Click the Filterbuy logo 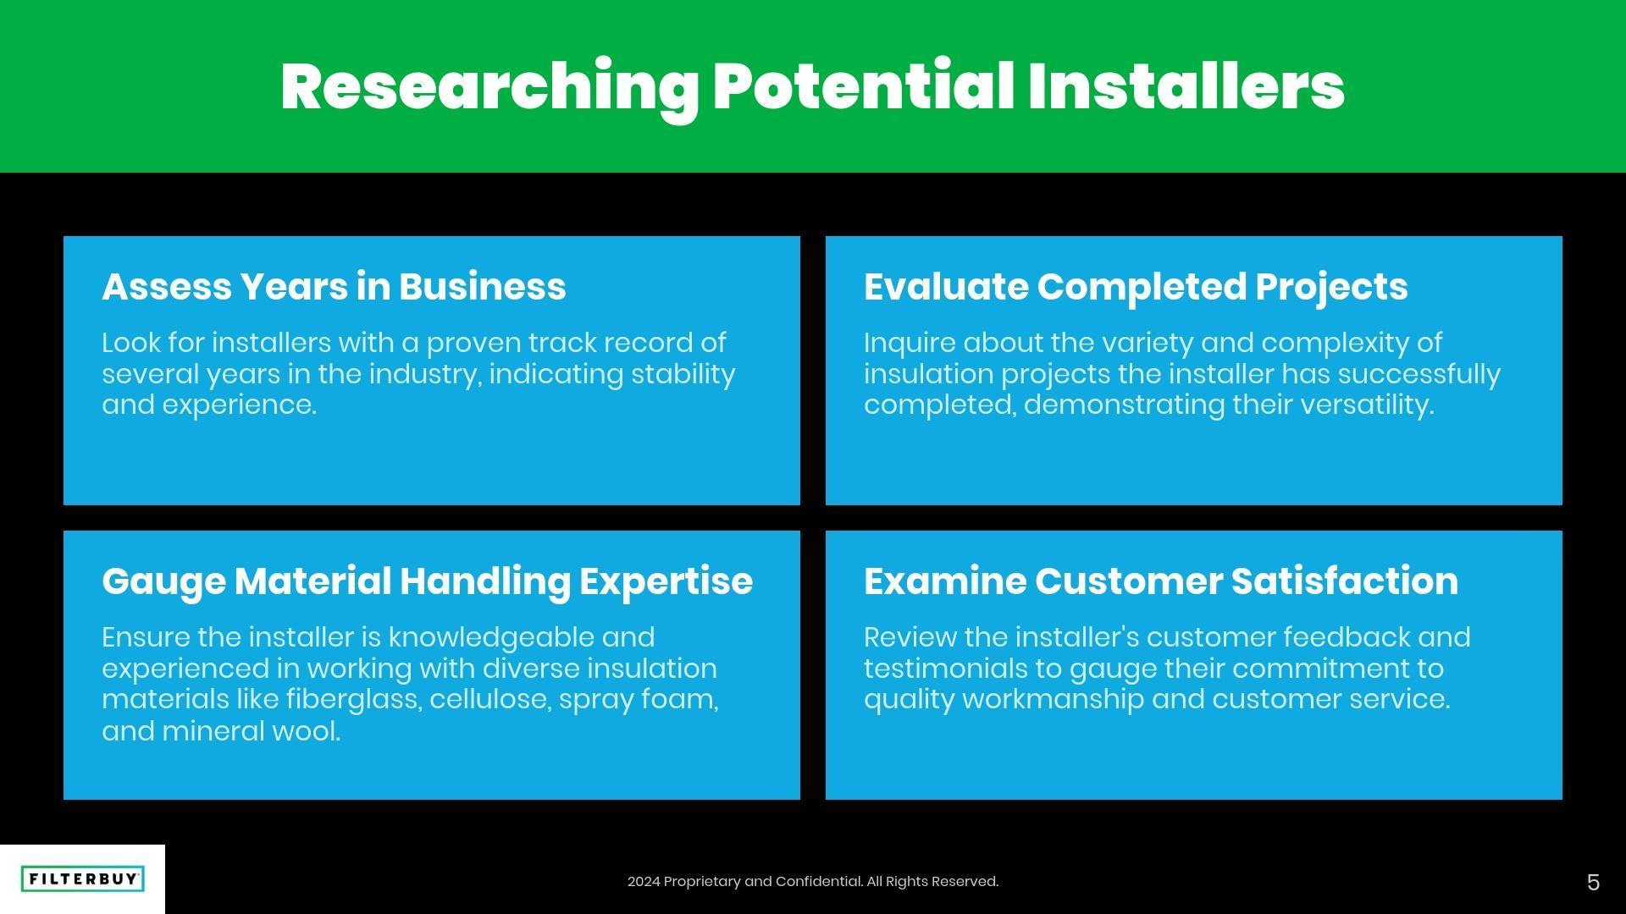pyautogui.click(x=82, y=879)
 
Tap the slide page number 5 pyautogui.click(x=1593, y=883)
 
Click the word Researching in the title pyautogui.click(x=489, y=87)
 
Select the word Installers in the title pyautogui.click(x=1186, y=87)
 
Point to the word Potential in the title pyautogui.click(x=863, y=87)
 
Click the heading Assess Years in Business pyautogui.click(x=334, y=287)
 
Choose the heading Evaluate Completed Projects pyautogui.click(x=1136, y=287)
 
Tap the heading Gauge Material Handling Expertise pyautogui.click(x=427, y=581)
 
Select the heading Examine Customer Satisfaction pyautogui.click(x=1161, y=581)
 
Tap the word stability pyautogui.click(x=683, y=374)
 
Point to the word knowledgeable pyautogui.click(x=490, y=637)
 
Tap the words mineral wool pyautogui.click(x=251, y=731)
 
